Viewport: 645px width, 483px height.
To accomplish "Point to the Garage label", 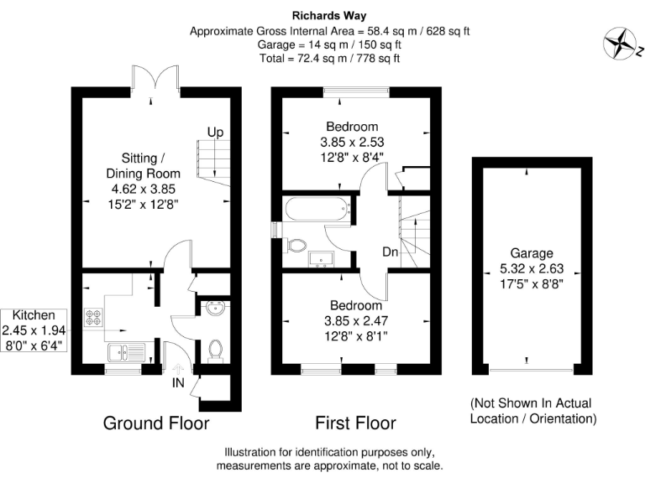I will click(x=532, y=252).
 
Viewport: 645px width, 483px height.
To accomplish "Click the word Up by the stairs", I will click(x=216, y=132).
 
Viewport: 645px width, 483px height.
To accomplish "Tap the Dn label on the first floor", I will click(x=390, y=252).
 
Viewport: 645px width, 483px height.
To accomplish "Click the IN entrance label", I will click(x=179, y=383).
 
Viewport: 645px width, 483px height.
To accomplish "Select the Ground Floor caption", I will click(x=155, y=422).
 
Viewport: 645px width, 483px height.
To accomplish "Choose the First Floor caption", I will click(x=355, y=422).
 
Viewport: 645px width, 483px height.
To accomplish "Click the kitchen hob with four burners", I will click(x=93, y=319).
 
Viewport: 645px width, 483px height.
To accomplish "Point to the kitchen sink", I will click(x=125, y=351).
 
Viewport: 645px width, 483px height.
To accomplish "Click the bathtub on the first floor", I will click(x=317, y=210).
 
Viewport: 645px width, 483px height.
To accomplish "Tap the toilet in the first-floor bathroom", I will click(x=295, y=245).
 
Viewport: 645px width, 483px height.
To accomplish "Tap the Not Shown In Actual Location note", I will click(x=533, y=411).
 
